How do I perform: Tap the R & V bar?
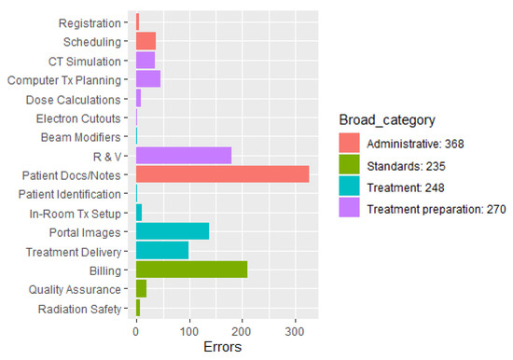click(x=183, y=156)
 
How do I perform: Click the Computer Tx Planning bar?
click(x=148, y=79)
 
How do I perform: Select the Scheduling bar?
click(x=146, y=41)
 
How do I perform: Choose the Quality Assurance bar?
click(x=141, y=289)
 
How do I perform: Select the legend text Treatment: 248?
click(x=401, y=187)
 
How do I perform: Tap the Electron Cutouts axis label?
click(x=77, y=118)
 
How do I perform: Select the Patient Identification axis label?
click(x=69, y=194)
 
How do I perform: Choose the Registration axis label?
click(x=89, y=22)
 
